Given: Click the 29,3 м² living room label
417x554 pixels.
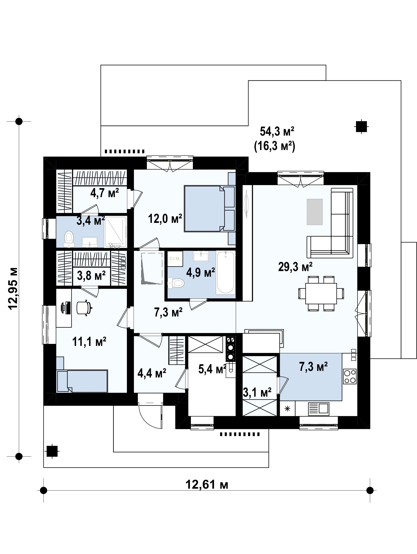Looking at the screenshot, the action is (295, 267).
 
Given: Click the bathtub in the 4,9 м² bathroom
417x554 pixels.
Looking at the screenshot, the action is (226, 273).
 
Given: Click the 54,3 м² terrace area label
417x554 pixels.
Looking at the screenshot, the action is (277, 131).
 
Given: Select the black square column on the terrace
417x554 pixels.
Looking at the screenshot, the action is (361, 126).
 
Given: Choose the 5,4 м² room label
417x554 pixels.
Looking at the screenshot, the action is (212, 369).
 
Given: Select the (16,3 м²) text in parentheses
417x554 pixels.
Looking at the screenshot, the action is (275, 146).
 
